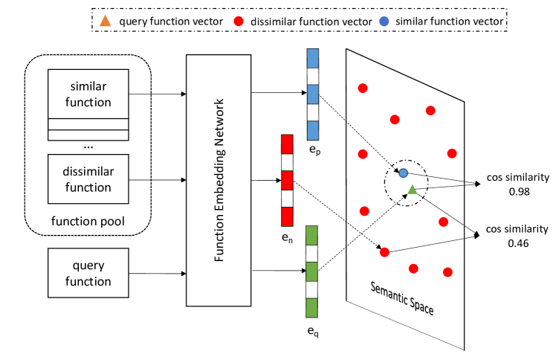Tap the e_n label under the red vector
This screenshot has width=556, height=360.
click(x=288, y=238)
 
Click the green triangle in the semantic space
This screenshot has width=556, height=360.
click(x=412, y=190)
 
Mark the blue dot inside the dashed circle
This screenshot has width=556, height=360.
click(x=403, y=173)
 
